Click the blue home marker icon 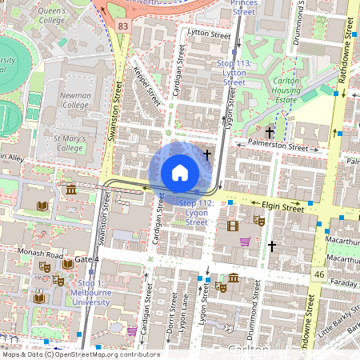pyautogui.click(x=180, y=172)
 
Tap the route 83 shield pyautogui.click(x=122, y=26)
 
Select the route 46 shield pyautogui.click(x=319, y=274)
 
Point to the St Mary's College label pyautogui.click(x=69, y=142)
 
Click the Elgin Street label pyautogui.click(x=281, y=207)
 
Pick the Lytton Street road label pyautogui.click(x=208, y=33)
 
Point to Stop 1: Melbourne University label pyautogui.click(x=90, y=288)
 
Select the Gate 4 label pyautogui.click(x=86, y=260)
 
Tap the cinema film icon pyautogui.click(x=233, y=226)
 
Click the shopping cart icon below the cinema pyautogui.click(x=246, y=242)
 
